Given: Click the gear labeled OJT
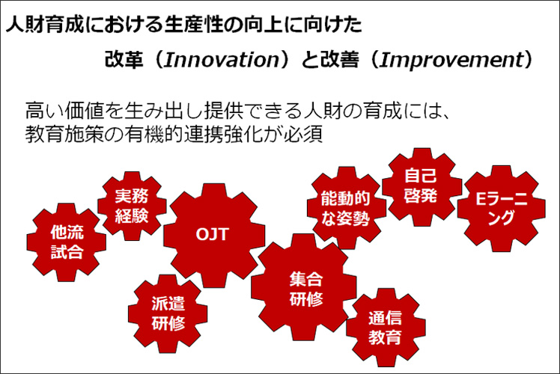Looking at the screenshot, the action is (214, 235).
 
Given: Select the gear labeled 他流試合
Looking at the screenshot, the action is (67, 242).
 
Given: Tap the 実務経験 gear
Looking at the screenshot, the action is (132, 206).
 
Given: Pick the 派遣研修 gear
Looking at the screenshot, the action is (168, 313).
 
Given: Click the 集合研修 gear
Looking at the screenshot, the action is (304, 287).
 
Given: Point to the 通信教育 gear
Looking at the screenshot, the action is (386, 328).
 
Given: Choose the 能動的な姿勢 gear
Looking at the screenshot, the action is (347, 208).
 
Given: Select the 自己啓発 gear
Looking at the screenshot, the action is (421, 187).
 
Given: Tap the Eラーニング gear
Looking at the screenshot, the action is (502, 209).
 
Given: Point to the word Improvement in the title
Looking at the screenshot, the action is (451, 60).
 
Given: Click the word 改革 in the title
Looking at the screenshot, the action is (124, 59).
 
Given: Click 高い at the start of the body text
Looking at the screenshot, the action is (45, 111).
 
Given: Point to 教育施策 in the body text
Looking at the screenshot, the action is (64, 134).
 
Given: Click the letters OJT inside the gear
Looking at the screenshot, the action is (212, 234).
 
